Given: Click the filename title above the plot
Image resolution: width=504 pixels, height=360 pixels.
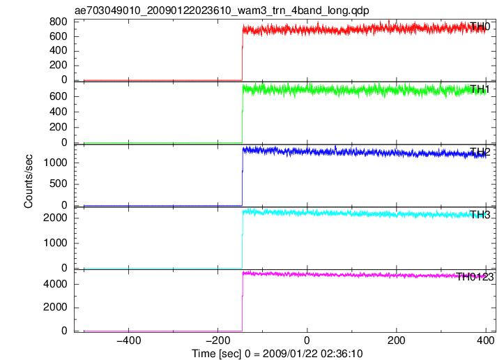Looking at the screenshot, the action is tap(222, 10).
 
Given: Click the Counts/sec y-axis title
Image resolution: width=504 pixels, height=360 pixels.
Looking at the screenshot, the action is tap(29, 181).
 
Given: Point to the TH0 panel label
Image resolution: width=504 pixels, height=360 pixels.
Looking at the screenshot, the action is tap(480, 27).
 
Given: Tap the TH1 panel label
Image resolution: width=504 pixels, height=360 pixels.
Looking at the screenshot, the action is tap(480, 89).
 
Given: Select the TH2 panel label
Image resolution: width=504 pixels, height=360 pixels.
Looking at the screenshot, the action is tap(480, 152).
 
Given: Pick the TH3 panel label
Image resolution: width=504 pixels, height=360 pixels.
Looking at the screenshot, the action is tap(480, 215).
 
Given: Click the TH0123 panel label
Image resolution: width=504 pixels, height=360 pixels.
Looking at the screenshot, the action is tap(475, 277).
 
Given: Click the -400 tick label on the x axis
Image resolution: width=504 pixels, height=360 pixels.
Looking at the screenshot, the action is tap(128, 340).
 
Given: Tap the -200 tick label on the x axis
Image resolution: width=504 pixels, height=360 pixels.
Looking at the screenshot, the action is tap(218, 340).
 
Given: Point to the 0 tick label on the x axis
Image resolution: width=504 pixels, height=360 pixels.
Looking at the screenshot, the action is tap(307, 340).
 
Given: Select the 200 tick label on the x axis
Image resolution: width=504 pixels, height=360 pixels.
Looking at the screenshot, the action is tap(397, 340).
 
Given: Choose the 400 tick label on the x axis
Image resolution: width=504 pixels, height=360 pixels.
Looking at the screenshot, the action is tap(486, 340).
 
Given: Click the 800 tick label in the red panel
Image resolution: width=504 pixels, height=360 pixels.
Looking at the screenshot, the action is tap(58, 22).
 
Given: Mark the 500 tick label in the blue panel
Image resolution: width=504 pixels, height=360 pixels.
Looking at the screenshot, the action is tap(58, 183).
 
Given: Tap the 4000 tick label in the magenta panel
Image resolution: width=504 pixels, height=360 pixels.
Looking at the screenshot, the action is tap(55, 284).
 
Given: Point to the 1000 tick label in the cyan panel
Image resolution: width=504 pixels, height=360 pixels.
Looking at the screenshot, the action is tap(55, 243).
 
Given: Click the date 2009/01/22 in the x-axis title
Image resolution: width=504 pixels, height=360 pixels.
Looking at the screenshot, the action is tap(289, 354).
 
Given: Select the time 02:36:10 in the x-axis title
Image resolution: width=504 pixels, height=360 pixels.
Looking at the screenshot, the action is tap(341, 354).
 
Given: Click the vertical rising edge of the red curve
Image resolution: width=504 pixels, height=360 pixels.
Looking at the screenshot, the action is tap(243, 54).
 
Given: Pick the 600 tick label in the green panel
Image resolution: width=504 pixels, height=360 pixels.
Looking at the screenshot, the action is tap(58, 96).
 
